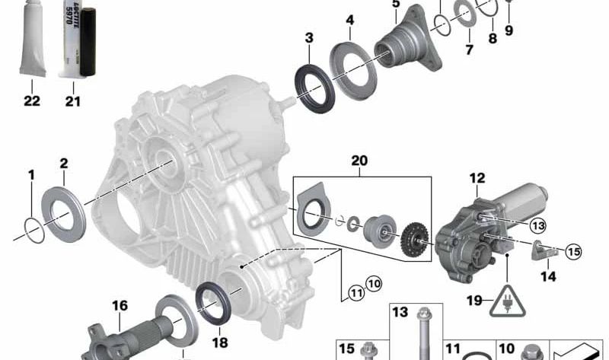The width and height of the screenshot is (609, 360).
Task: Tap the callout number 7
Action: pyautogui.click(x=469, y=50)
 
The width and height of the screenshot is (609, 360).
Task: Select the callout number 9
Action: pyautogui.click(x=509, y=31)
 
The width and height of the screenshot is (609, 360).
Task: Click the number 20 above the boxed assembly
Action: pyautogui.click(x=359, y=161)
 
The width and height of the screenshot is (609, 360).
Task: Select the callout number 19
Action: pyautogui.click(x=474, y=301)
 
